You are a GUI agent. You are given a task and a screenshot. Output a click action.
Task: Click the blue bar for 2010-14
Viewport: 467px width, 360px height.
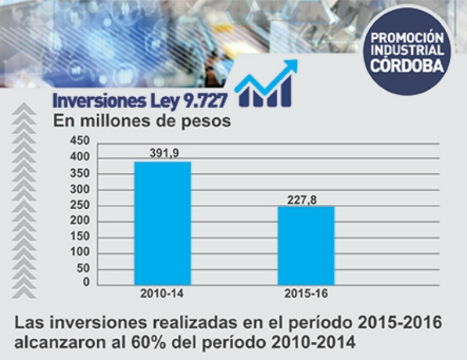(x=162, y=223)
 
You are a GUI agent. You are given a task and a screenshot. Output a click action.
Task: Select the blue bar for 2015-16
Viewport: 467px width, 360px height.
(x=306, y=246)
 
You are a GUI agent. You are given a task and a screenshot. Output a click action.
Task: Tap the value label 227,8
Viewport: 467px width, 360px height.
(x=302, y=200)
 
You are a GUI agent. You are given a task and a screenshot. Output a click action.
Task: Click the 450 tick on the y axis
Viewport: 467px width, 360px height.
(x=81, y=141)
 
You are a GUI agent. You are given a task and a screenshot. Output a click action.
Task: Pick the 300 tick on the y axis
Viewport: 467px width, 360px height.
(x=81, y=190)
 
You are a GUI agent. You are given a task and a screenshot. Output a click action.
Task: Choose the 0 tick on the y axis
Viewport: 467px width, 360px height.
(x=86, y=282)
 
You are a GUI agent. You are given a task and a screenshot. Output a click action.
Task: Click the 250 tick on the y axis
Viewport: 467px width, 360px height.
(x=81, y=205)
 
